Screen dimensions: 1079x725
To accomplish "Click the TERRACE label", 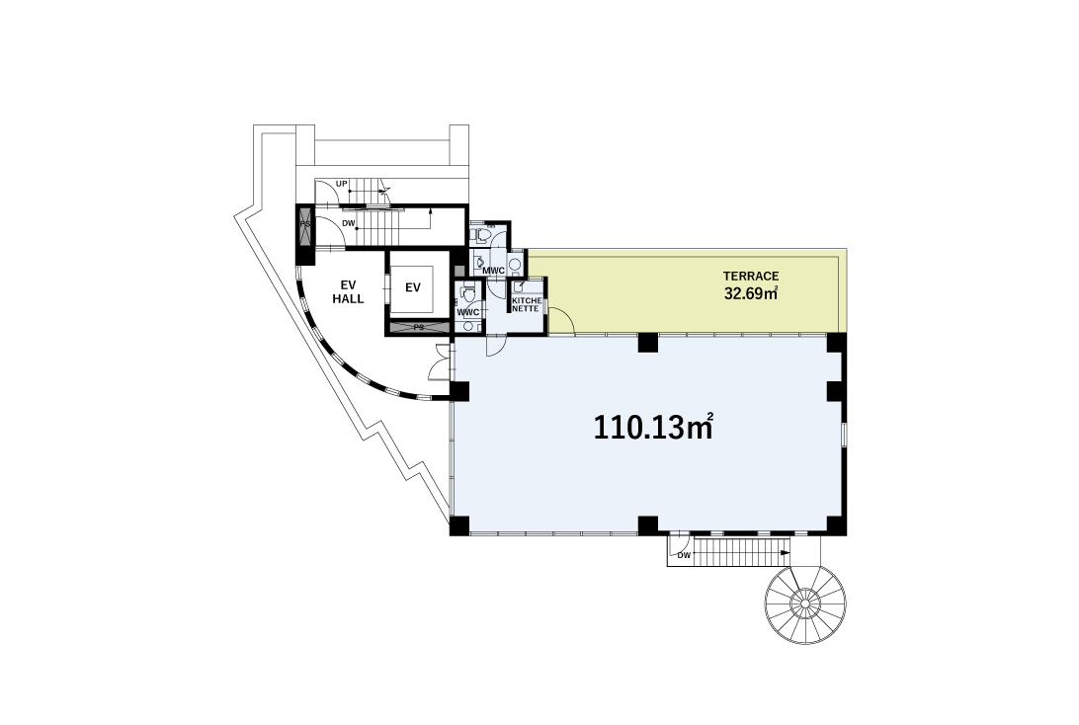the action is click(751, 276).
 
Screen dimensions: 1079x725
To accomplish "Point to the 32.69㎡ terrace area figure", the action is click(751, 293).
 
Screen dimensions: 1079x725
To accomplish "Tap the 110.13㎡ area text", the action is click(652, 427).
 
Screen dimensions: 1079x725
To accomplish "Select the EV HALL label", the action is click(348, 291).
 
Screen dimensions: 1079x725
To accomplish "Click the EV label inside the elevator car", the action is click(413, 287).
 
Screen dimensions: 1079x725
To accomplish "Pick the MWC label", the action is click(493, 271).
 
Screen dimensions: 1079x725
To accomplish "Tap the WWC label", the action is click(468, 312).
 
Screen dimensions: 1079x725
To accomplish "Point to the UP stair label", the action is click(341, 184).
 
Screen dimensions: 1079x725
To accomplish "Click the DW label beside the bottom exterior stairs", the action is click(684, 555).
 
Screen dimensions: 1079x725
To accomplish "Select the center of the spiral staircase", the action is click(803, 604).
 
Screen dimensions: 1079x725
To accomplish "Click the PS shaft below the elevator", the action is click(418, 327).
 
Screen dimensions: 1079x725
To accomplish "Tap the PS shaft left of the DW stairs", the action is click(305, 224).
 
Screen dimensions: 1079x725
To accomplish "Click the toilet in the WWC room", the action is click(468, 293).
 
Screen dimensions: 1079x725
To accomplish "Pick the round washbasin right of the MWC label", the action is click(516, 271).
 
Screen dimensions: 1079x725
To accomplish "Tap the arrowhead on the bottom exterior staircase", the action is click(786, 552).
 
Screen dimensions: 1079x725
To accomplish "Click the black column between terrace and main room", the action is click(647, 343).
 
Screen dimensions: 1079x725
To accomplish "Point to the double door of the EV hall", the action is click(441, 362).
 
